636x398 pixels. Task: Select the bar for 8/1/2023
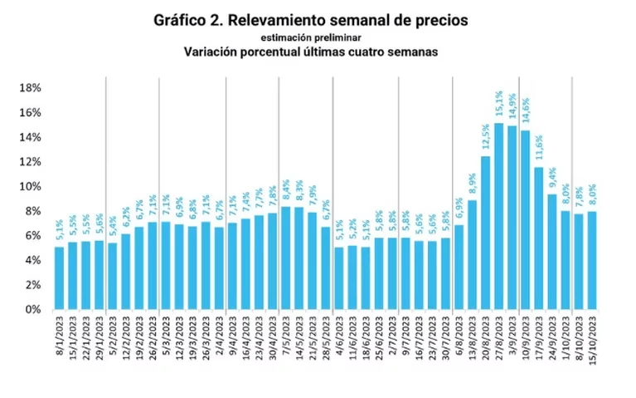point(59,278)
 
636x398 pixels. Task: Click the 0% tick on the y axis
point(33,309)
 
